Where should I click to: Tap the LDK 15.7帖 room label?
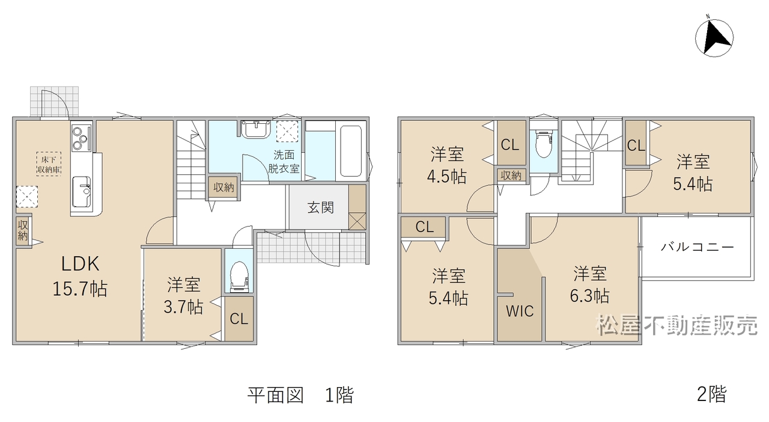80,276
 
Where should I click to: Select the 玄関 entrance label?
320,207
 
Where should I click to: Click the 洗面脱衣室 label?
284,162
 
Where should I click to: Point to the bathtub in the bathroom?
350,151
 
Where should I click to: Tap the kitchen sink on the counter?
81,192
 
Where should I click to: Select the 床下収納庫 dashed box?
49,164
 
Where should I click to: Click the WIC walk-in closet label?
520,311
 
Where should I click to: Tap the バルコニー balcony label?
698,246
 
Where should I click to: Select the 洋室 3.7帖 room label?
183,296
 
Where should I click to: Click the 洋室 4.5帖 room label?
447,165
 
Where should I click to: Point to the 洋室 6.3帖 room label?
590,284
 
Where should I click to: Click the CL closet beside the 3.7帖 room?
239,319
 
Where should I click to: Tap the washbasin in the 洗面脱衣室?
256,129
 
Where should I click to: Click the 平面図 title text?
276,395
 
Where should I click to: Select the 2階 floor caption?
712,394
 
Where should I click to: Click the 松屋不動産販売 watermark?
676,325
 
